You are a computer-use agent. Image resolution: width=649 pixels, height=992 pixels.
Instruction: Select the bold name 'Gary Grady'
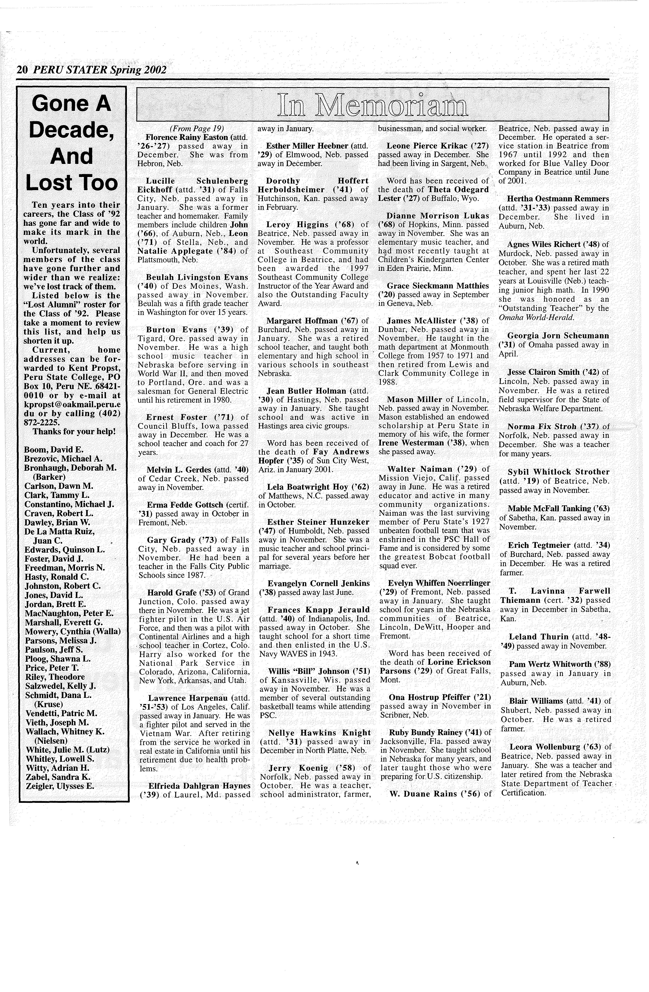[171, 540]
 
